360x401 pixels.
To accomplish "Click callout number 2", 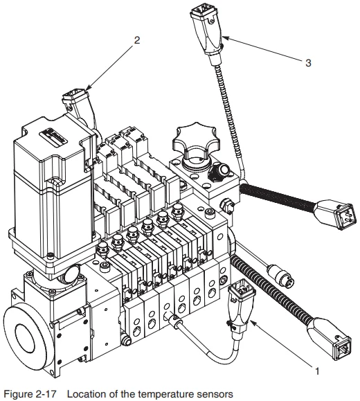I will pos(136,40).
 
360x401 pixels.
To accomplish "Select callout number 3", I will pos(309,62).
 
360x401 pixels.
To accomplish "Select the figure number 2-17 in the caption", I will pos(53,393).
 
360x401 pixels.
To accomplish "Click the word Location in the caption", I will pos(92,393).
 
